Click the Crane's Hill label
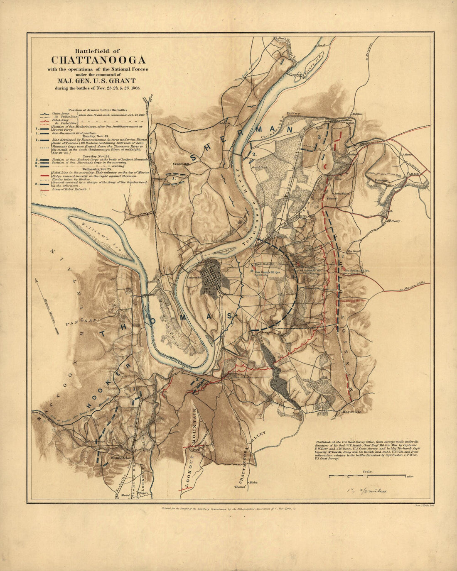coord(181,164)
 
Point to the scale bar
coord(367,476)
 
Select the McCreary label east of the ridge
coord(393,221)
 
